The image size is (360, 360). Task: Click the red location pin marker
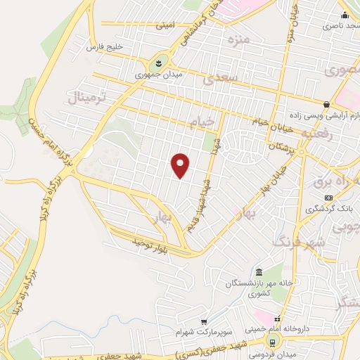coord(181,165)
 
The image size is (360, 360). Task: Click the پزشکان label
coord(279,146)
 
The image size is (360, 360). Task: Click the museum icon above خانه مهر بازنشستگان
coord(259,273)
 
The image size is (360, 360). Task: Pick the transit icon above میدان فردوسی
coord(271,342)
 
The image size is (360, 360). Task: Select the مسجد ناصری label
coord(338,25)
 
